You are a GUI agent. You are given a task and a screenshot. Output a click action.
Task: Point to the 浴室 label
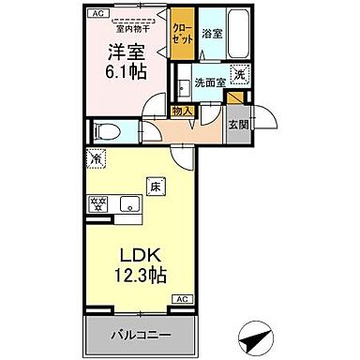click(211, 34)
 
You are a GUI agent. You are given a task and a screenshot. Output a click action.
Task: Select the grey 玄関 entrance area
click(239, 125)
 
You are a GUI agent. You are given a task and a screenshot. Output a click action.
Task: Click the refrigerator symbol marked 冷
click(97, 159)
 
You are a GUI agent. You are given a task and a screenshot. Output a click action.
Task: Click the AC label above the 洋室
click(97, 12)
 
